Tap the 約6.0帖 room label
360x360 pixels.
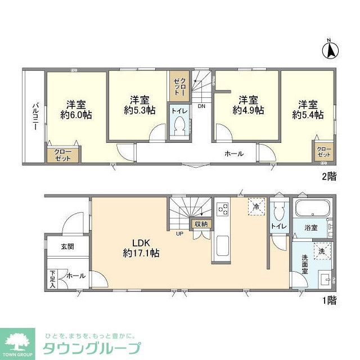point(76,109)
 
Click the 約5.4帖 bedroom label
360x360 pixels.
point(308,109)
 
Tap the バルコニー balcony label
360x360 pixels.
point(34,116)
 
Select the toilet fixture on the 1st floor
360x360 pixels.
point(276,213)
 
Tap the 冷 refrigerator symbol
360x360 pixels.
point(256,207)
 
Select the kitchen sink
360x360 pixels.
point(222,246)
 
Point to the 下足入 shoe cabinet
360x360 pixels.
point(52,280)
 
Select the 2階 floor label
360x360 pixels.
point(328,177)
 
